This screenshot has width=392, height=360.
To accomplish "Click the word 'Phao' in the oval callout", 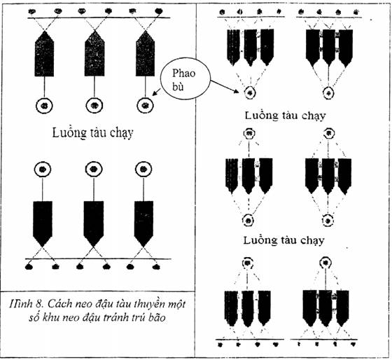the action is pos(183,74).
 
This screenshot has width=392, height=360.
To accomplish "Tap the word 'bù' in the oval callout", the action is pos(178,86).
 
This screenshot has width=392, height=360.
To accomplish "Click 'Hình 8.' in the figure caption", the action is pos(25,304).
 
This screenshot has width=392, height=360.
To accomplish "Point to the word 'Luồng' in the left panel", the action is pos(67,132).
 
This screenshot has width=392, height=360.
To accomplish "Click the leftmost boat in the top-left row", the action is pos(44,54).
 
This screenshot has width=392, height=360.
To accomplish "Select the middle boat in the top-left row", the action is pos(94,53).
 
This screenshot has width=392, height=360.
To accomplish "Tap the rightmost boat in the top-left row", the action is pos(146,53).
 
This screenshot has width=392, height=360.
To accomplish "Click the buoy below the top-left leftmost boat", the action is pos(44,106).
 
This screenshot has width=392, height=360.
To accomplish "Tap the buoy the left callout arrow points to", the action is pos(146,106).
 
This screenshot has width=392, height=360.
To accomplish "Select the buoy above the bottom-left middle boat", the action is pos(94,169).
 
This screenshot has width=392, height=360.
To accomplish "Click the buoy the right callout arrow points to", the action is pos(250,93).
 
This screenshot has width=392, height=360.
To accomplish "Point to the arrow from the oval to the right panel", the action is pos(225,87).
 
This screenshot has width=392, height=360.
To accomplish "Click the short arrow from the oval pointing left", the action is pos(157,92).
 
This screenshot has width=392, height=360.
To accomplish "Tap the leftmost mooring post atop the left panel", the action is pos(32,11).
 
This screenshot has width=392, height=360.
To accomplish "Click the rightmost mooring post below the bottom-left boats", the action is pos(156,267).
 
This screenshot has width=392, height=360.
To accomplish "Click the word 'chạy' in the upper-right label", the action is pos(314,116).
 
